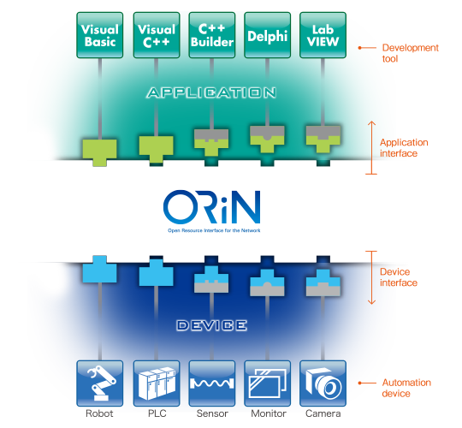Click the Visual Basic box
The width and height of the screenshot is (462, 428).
(100, 35)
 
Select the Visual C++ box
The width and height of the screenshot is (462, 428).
(156, 35)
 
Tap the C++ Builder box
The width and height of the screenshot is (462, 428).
(211, 35)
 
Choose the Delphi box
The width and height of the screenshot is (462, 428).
(266, 35)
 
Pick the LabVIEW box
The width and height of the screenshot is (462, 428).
(323, 35)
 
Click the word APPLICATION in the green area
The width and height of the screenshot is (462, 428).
(211, 92)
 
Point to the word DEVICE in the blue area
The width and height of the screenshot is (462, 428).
(211, 325)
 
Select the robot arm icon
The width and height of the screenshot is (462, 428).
(100, 383)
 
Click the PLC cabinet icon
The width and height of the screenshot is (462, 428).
(156, 383)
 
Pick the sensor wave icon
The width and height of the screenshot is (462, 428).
(211, 383)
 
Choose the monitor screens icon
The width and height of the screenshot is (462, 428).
(266, 383)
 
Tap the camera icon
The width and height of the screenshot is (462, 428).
(323, 383)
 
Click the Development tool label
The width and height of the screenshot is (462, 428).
(410, 53)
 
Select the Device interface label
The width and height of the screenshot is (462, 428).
(398, 277)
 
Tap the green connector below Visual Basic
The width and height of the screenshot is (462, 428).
(100, 149)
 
